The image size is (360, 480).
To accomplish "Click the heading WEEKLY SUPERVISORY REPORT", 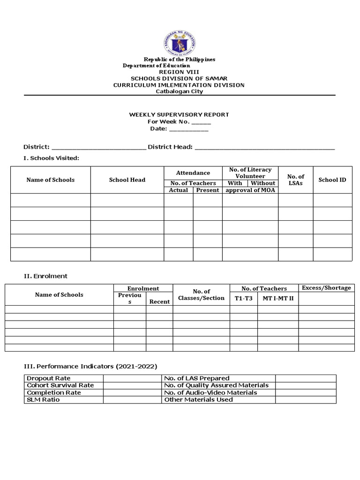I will click(x=179, y=114).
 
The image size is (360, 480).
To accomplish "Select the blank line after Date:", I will click(x=188, y=129).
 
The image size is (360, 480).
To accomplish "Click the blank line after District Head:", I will click(x=264, y=147).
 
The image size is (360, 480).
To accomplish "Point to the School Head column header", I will click(x=127, y=180).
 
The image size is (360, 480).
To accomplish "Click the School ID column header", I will click(x=332, y=180).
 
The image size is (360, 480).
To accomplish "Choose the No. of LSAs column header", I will click(x=295, y=180).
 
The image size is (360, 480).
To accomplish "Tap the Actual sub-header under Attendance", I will click(x=178, y=190).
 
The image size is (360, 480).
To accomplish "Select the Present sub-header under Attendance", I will click(x=207, y=190).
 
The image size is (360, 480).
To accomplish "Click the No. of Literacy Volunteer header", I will click(x=250, y=173).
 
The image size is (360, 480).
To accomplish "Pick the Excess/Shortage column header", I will click(x=326, y=288).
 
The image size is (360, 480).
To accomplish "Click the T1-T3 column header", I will click(x=243, y=298).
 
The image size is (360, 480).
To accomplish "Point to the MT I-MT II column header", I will click(x=277, y=298).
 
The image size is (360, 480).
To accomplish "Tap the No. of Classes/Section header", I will click(x=201, y=295).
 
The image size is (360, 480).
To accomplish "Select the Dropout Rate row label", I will click(x=49, y=378).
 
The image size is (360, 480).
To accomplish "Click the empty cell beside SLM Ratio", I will click(x=132, y=399).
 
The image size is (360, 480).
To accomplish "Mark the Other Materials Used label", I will click(x=198, y=399).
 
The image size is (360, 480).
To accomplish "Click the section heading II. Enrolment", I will click(x=45, y=276).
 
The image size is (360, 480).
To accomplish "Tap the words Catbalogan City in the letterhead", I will click(x=179, y=91).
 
